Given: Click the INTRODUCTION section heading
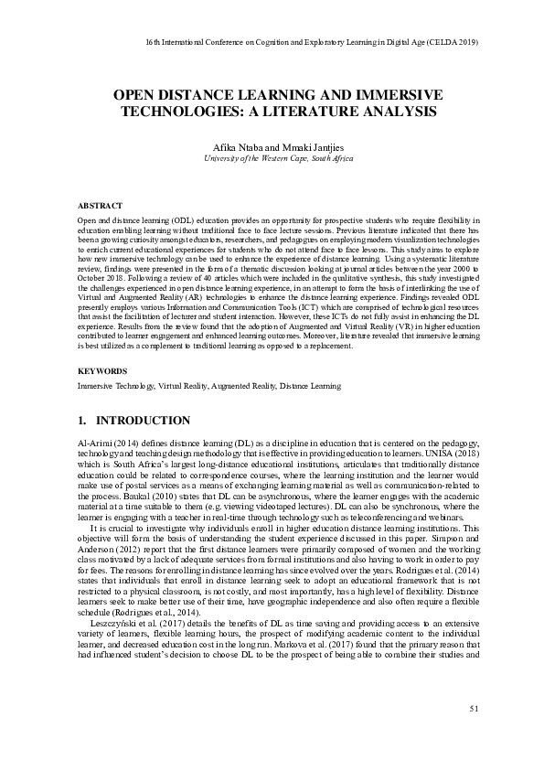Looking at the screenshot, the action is point(143,421).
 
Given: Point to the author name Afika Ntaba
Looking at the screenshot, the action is point(233,147).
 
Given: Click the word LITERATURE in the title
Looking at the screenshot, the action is point(325,112).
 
